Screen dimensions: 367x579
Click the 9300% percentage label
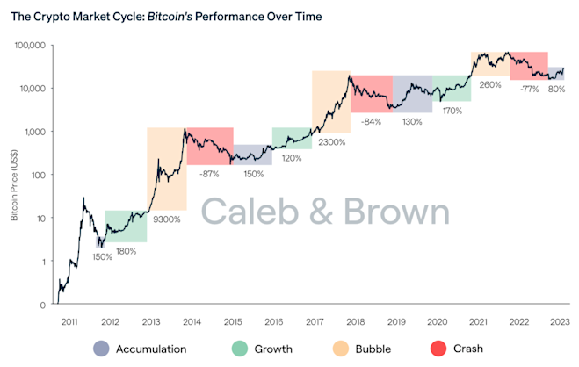(x=166, y=219)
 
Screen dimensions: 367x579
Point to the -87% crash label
(x=210, y=174)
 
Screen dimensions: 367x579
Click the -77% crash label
(x=529, y=89)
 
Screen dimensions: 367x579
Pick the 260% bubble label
(x=490, y=85)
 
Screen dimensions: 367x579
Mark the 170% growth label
(x=452, y=111)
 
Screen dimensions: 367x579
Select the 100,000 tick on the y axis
(x=31, y=45)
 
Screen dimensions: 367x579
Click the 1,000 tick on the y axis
(x=36, y=132)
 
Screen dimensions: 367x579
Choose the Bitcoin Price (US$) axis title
(x=15, y=176)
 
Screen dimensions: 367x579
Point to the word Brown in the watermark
(x=395, y=212)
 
